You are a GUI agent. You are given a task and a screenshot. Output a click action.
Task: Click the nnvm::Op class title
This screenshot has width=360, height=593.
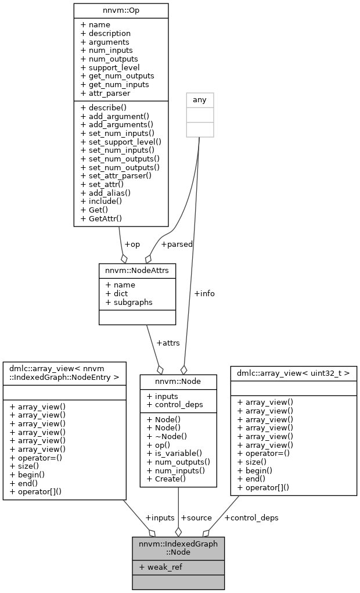[x=121, y=10]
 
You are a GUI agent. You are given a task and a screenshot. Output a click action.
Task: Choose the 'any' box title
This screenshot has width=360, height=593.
[x=199, y=100]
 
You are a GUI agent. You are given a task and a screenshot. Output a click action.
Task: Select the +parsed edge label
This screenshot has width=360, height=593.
[x=177, y=244]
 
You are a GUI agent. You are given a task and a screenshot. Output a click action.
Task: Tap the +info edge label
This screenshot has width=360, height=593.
[x=204, y=293]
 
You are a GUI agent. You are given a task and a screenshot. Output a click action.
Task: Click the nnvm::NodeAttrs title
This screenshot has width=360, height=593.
[x=137, y=271]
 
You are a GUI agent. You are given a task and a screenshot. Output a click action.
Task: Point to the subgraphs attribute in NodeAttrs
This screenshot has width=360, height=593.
[x=129, y=302]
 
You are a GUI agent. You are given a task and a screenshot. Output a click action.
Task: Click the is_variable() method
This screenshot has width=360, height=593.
[x=174, y=453]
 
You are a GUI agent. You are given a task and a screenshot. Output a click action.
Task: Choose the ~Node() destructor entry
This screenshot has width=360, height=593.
[x=167, y=436]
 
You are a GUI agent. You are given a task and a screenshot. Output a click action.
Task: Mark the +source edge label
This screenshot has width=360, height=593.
[x=196, y=517]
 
